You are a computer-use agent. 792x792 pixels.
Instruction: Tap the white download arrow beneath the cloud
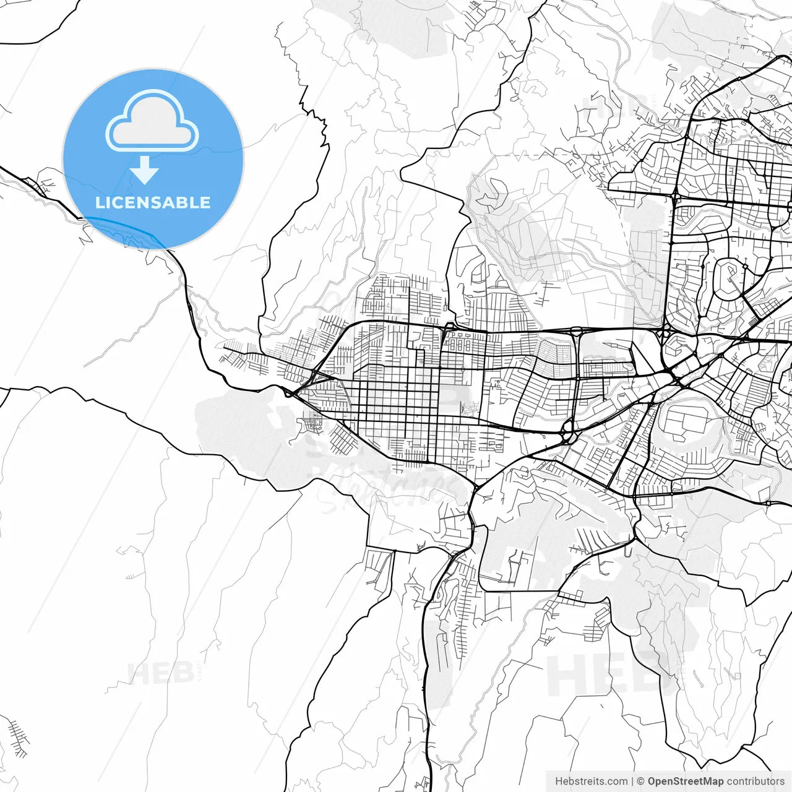pyautogui.click(x=145, y=170)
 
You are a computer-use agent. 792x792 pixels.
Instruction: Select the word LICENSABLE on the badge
pyautogui.click(x=153, y=202)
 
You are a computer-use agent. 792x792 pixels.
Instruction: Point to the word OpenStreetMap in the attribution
pyautogui.click(x=686, y=781)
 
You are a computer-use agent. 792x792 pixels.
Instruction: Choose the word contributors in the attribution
pyautogui.click(x=755, y=781)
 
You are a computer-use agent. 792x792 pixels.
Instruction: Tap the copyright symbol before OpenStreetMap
pyautogui.click(x=641, y=781)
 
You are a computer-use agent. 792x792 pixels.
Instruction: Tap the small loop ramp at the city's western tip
pyautogui.click(x=287, y=392)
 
